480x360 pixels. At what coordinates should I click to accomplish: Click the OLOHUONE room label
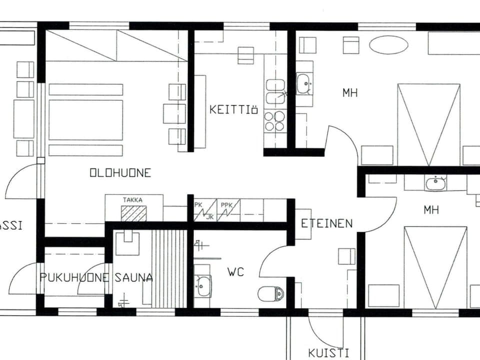click(120, 173)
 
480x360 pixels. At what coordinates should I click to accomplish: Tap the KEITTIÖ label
click(233, 109)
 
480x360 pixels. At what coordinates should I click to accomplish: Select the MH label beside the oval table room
click(350, 92)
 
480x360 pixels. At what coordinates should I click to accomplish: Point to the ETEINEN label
click(326, 223)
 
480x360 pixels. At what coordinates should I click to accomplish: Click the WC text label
click(235, 272)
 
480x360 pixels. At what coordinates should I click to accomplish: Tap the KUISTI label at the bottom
click(328, 352)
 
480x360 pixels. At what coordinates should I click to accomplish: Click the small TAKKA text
click(132, 200)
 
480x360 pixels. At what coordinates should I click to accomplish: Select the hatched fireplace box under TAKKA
click(134, 213)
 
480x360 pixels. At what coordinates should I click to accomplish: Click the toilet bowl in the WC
click(271, 294)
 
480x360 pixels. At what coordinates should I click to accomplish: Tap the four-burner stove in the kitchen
click(274, 120)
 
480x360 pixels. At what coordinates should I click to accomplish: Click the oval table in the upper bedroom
click(388, 45)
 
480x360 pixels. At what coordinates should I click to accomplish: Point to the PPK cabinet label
click(227, 204)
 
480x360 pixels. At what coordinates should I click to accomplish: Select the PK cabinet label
click(198, 204)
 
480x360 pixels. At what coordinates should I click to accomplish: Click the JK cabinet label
click(210, 216)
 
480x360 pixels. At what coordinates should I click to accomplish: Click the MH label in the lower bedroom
click(431, 210)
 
